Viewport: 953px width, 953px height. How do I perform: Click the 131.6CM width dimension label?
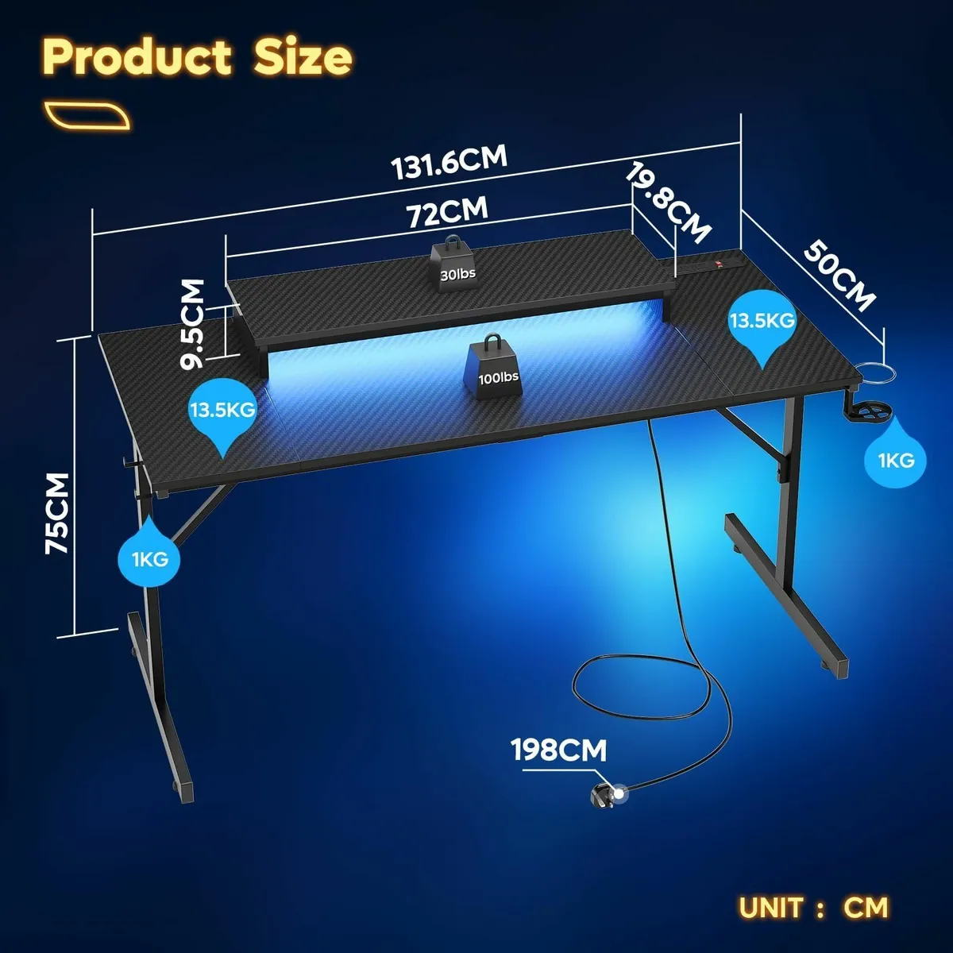click(x=449, y=163)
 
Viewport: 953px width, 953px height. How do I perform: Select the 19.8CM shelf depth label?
click(x=668, y=203)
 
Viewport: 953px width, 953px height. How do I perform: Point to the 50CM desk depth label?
click(x=839, y=276)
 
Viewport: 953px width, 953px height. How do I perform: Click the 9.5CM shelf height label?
click(x=192, y=324)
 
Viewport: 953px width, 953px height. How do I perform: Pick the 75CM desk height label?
click(x=57, y=513)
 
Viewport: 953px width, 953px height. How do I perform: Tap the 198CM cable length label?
click(x=559, y=750)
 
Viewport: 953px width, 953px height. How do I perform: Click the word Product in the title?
click(x=137, y=58)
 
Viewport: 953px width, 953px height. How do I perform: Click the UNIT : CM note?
click(x=813, y=908)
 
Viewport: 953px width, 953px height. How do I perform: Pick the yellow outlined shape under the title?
click(x=87, y=116)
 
